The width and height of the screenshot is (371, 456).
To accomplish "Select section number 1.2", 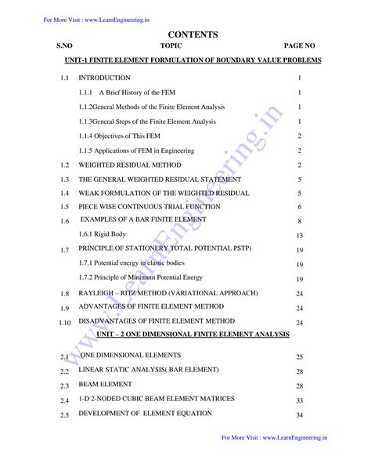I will coord(64,165).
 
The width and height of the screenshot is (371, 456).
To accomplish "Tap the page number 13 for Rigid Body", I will coord(300,235).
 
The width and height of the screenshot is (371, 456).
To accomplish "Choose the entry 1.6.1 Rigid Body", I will coord(104,234).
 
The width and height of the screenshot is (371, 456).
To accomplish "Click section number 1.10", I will coord(64,322).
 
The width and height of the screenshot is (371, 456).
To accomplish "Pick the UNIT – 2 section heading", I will coord(193,334).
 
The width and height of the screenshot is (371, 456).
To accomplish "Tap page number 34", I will coord(300,415).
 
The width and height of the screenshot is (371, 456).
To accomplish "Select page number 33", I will coord(300,400).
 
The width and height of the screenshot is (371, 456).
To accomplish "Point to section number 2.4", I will coord(64,400).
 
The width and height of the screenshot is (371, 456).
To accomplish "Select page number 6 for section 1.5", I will coord(300,207).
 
